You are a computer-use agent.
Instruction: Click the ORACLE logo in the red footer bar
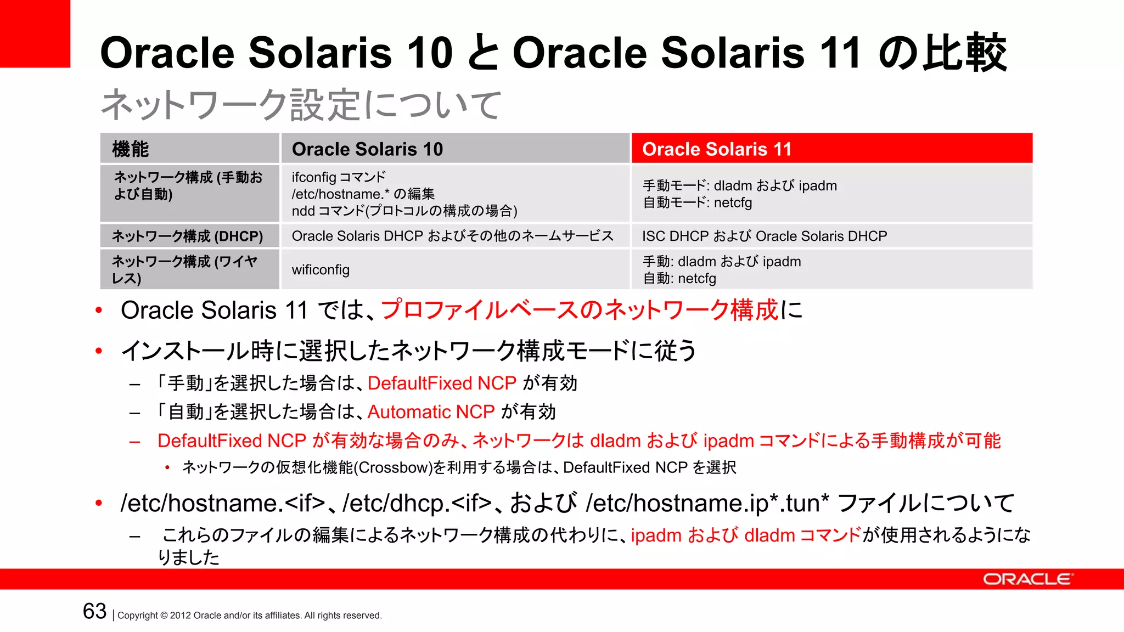1027,579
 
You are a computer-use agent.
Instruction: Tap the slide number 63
94,611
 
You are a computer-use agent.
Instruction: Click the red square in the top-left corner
35,33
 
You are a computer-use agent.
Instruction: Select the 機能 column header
131,149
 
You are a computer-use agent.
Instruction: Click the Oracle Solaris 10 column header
367,149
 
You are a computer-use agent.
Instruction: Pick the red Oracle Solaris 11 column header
717,149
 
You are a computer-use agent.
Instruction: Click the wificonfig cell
321,270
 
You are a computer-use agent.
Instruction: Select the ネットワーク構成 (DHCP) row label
188,236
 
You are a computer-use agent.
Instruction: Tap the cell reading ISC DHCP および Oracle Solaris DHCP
765,236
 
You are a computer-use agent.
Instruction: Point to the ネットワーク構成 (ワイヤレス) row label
184,269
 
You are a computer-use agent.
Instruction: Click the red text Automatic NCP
431,412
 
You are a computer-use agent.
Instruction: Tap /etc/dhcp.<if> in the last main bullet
417,503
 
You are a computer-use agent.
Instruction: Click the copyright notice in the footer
250,616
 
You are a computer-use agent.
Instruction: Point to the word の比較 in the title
942,53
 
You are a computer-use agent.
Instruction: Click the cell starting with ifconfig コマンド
404,194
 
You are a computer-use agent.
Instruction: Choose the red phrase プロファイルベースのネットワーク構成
580,310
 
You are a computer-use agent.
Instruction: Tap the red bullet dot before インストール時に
99,351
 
